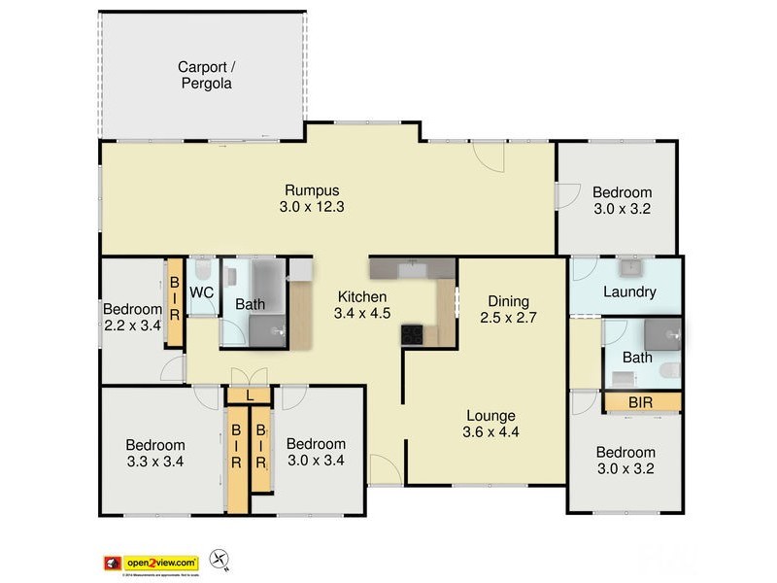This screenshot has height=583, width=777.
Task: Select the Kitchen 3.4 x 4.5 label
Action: click(x=362, y=305)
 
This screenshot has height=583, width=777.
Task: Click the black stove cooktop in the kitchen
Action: click(x=412, y=334)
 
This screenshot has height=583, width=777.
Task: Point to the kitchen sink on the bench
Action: click(x=413, y=266)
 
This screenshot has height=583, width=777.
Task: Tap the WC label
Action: click(x=202, y=291)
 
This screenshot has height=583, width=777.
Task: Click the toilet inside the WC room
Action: click(x=202, y=269)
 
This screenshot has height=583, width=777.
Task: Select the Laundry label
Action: click(x=629, y=291)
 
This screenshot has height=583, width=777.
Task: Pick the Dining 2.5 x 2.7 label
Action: click(x=508, y=309)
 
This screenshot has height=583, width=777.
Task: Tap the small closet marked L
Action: click(x=250, y=395)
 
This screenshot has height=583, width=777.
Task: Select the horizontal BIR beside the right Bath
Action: click(x=641, y=400)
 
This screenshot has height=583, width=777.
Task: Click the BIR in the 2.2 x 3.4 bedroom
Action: click(x=175, y=301)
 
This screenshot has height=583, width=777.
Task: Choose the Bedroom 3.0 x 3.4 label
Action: click(x=316, y=452)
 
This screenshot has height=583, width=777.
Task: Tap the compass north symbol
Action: click(x=221, y=561)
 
